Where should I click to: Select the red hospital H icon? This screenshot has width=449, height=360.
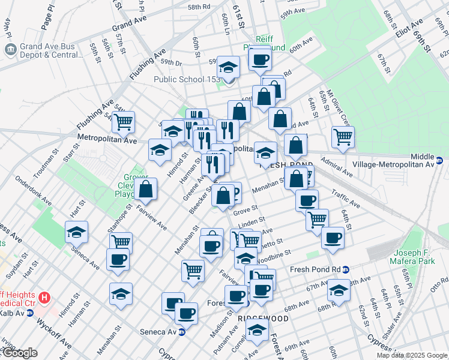click(43, 298)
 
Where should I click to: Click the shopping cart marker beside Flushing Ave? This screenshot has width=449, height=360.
click(123, 122)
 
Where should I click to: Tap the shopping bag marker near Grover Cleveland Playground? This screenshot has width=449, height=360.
click(146, 189)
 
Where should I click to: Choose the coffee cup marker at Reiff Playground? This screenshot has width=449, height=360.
click(260, 59)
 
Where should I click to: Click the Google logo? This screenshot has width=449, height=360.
click(19, 353)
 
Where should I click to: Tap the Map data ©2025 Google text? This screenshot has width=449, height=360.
click(412, 355)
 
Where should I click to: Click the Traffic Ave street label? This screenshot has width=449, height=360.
click(345, 199)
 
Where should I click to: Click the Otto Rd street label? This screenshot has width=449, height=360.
click(439, 281)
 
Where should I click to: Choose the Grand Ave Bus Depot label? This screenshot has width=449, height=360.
click(51, 50)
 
